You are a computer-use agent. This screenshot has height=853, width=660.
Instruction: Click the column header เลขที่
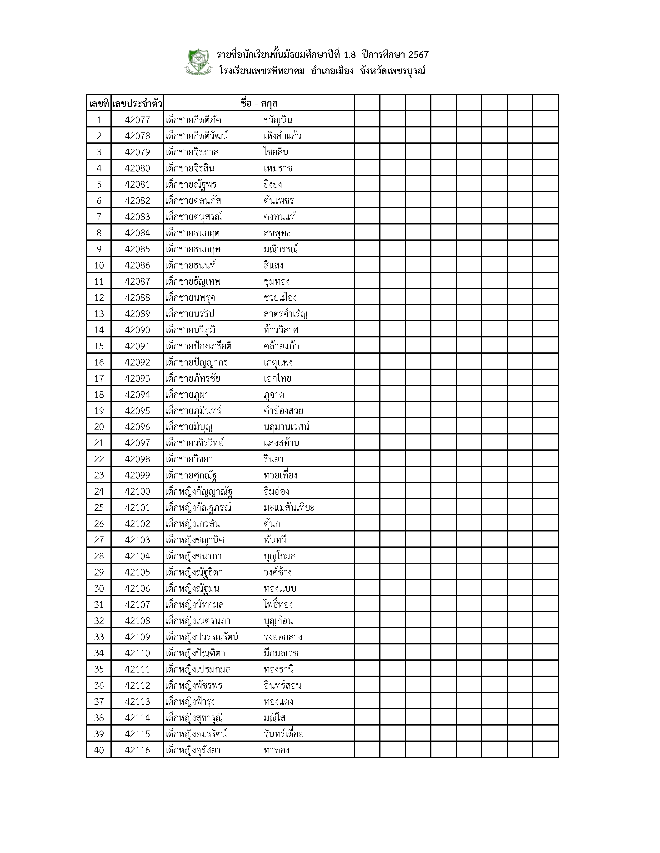tap(99, 103)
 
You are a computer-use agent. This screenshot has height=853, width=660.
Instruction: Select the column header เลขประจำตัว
tap(137, 103)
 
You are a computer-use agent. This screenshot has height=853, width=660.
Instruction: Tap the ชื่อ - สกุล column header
tap(259, 103)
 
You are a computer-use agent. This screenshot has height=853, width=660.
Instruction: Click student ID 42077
tap(137, 120)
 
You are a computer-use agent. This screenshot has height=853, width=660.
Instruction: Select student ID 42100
tap(137, 491)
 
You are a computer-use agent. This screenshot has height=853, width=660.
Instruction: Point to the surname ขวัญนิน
tap(278, 120)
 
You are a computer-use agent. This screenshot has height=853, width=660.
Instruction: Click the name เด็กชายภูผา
tap(187, 395)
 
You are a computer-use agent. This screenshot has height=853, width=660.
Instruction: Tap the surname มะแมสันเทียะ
tap(289, 507)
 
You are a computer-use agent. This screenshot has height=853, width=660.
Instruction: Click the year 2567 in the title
tap(418, 55)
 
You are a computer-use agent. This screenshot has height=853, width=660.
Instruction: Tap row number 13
tap(99, 314)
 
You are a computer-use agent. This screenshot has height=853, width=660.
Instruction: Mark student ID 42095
tap(137, 410)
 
